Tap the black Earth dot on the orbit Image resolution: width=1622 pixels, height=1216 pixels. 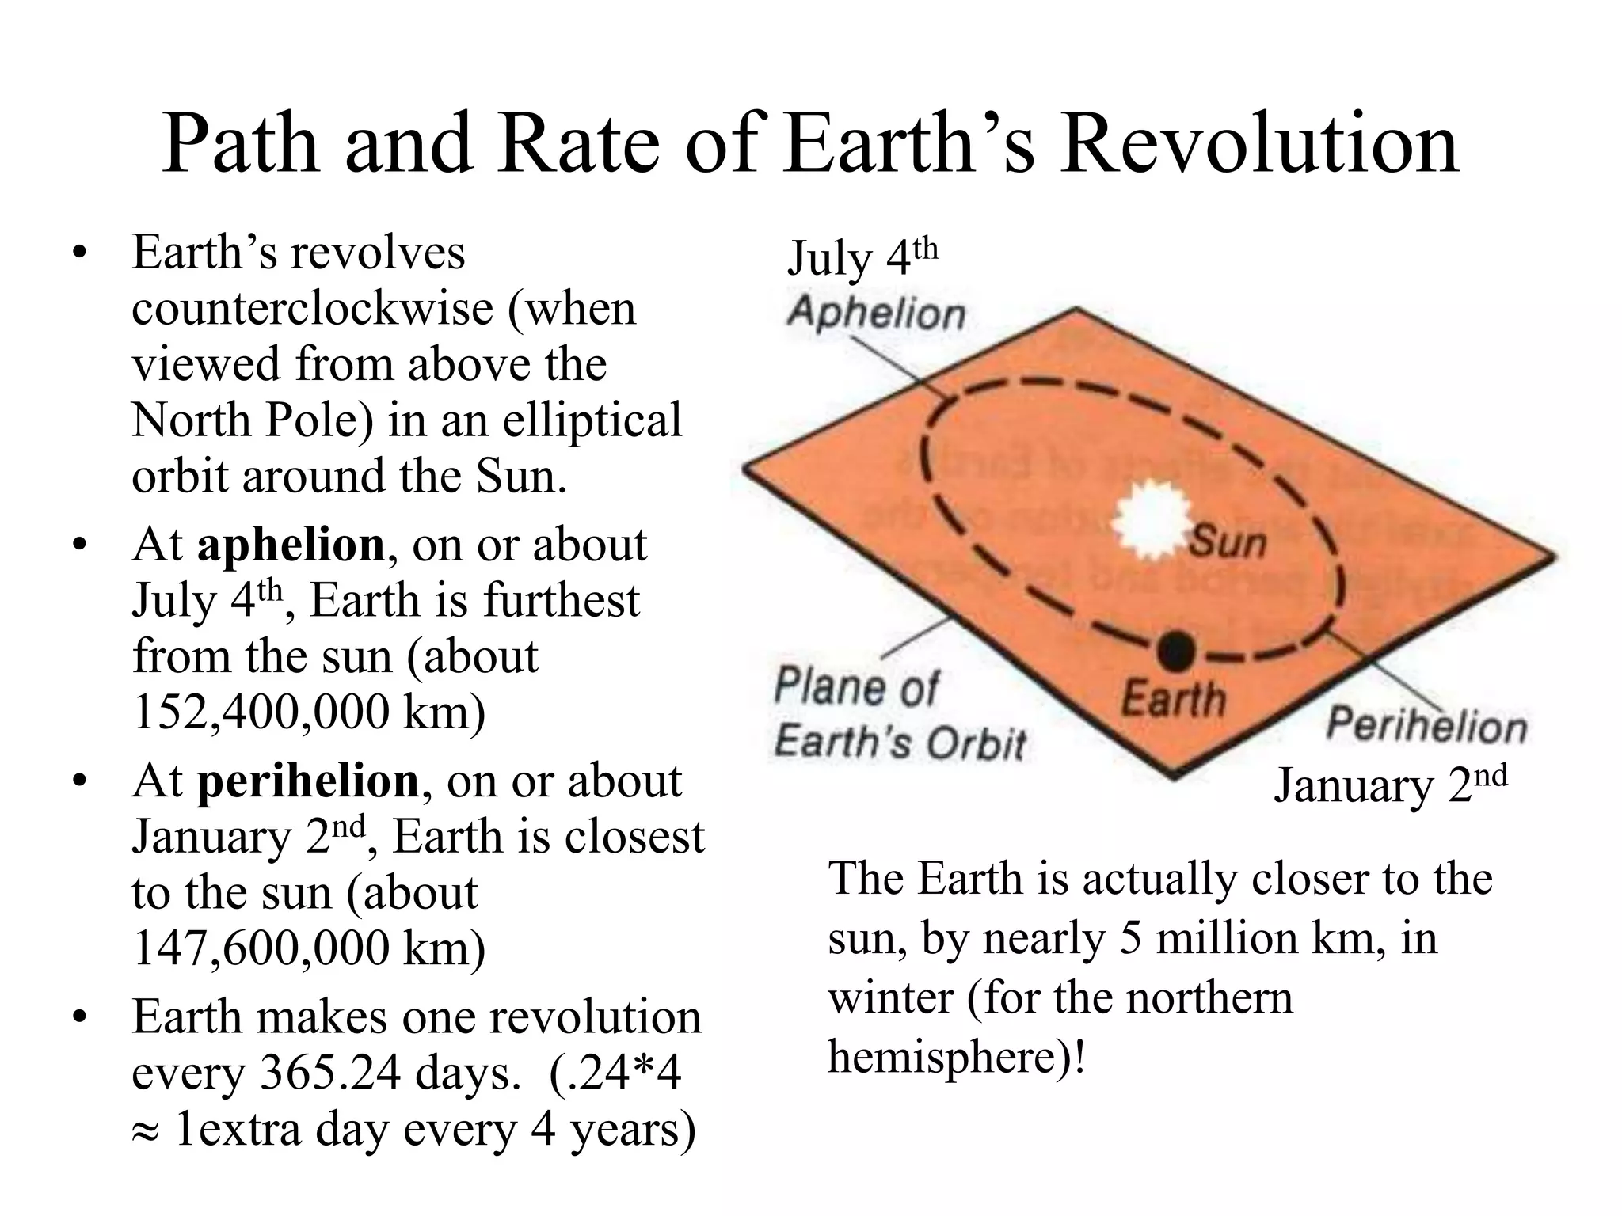pos(1175,650)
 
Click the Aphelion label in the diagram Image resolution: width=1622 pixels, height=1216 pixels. pos(877,313)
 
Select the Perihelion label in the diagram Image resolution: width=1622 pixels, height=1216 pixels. pos(1426,725)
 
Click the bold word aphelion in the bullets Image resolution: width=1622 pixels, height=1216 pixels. pos(291,545)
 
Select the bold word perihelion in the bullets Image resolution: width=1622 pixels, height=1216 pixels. pos(308,781)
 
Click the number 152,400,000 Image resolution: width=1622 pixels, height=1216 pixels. pos(261,712)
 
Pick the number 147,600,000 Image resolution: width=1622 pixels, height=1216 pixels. pos(261,948)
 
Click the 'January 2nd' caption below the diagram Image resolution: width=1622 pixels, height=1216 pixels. pos(1390,785)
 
